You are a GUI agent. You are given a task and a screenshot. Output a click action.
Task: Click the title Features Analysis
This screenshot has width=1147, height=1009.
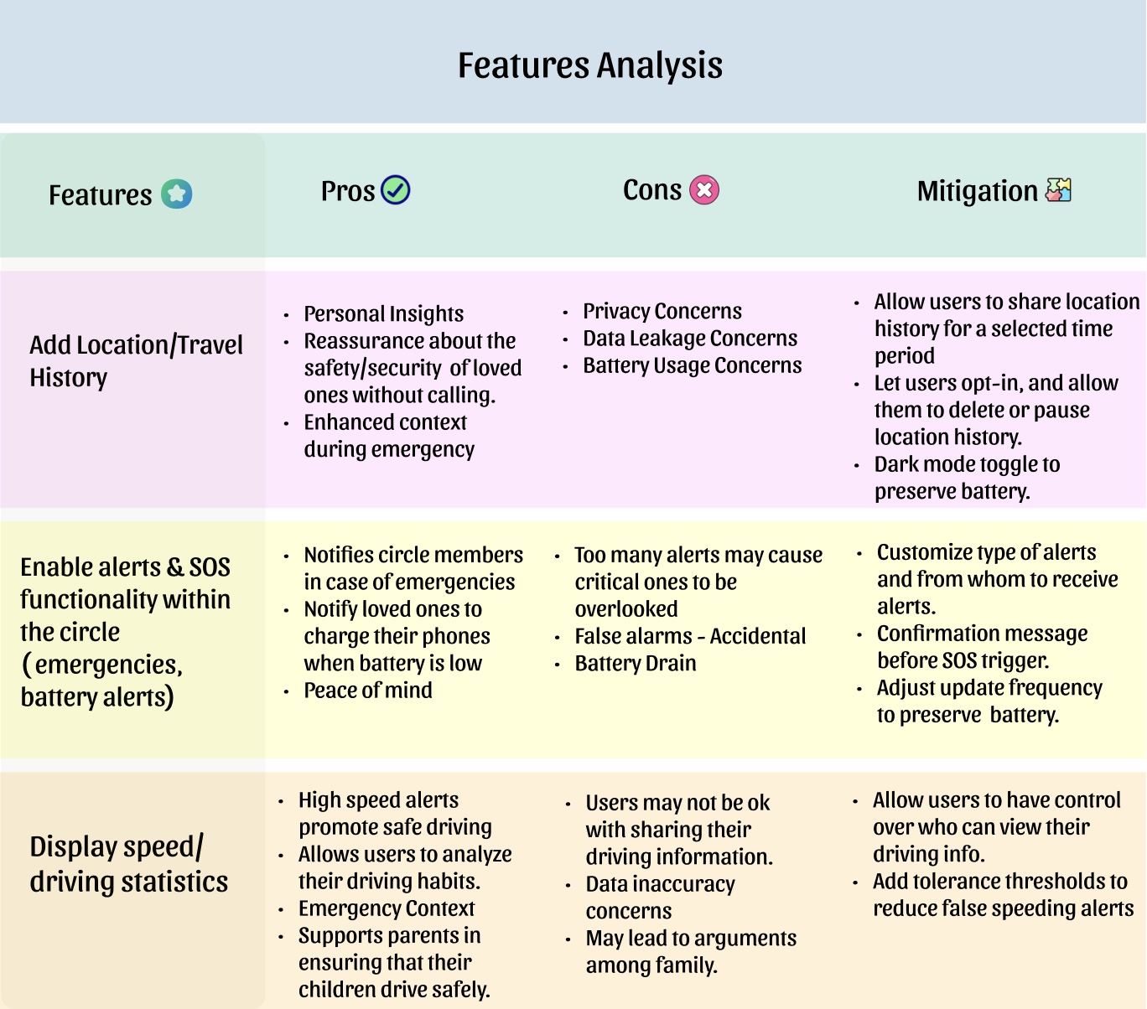(x=589, y=65)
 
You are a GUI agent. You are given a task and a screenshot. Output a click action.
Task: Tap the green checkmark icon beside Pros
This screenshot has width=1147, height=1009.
(x=396, y=190)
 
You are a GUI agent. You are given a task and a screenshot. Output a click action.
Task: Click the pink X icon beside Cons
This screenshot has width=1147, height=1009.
(x=704, y=190)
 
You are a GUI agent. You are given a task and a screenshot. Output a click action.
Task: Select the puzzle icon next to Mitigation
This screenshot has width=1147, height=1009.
(x=1058, y=190)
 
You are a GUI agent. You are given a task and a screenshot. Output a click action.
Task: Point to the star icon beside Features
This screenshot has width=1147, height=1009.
(x=177, y=194)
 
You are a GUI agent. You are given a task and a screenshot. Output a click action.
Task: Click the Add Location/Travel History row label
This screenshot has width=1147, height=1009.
(x=136, y=360)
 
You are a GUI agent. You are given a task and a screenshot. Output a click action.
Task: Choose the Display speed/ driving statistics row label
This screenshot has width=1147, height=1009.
(x=128, y=864)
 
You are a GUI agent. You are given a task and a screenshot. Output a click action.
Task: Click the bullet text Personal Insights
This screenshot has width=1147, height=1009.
(x=383, y=313)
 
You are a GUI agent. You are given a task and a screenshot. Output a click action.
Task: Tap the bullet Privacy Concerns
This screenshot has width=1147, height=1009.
(x=662, y=311)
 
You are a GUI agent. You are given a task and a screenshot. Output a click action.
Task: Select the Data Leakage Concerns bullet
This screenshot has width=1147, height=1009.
(x=690, y=338)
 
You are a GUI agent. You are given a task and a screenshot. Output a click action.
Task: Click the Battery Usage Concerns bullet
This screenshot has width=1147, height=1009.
(x=692, y=365)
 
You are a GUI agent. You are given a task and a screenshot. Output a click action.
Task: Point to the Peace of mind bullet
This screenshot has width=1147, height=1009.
(x=368, y=691)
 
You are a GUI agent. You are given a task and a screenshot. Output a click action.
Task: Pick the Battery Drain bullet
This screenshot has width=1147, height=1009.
(x=635, y=663)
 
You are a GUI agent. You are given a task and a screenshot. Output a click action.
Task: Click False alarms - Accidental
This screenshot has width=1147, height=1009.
(x=689, y=636)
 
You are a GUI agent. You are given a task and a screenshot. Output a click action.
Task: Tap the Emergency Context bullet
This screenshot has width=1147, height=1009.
(x=387, y=908)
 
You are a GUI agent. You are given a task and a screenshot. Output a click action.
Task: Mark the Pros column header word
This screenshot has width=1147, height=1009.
(x=347, y=191)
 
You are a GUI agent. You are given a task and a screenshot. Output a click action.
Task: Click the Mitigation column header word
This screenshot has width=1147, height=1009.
(x=977, y=191)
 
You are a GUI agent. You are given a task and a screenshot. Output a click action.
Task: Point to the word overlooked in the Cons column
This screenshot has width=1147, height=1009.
(x=625, y=609)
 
